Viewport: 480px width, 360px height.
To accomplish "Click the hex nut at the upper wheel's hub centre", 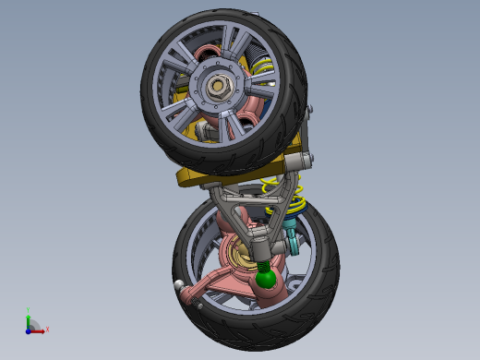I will click(219, 88).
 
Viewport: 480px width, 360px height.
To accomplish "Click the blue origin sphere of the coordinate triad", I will click(29, 329).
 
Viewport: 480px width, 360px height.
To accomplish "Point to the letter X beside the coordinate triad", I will click(47, 329).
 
